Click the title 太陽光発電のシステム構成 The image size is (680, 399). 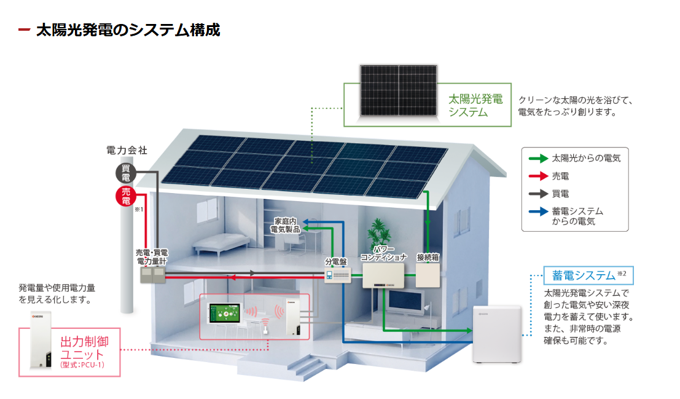[x=128, y=30]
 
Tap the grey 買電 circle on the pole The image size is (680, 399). [x=126, y=173]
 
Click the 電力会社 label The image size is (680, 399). [x=127, y=150]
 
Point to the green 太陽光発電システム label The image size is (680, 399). [x=475, y=105]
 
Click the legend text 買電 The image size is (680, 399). [x=561, y=194]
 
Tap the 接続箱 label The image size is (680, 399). [x=428, y=257]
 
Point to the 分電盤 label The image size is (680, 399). [x=337, y=261]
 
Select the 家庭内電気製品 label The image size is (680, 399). [x=286, y=225]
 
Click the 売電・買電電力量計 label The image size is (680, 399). [x=152, y=257]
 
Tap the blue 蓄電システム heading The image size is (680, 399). [x=583, y=275]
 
